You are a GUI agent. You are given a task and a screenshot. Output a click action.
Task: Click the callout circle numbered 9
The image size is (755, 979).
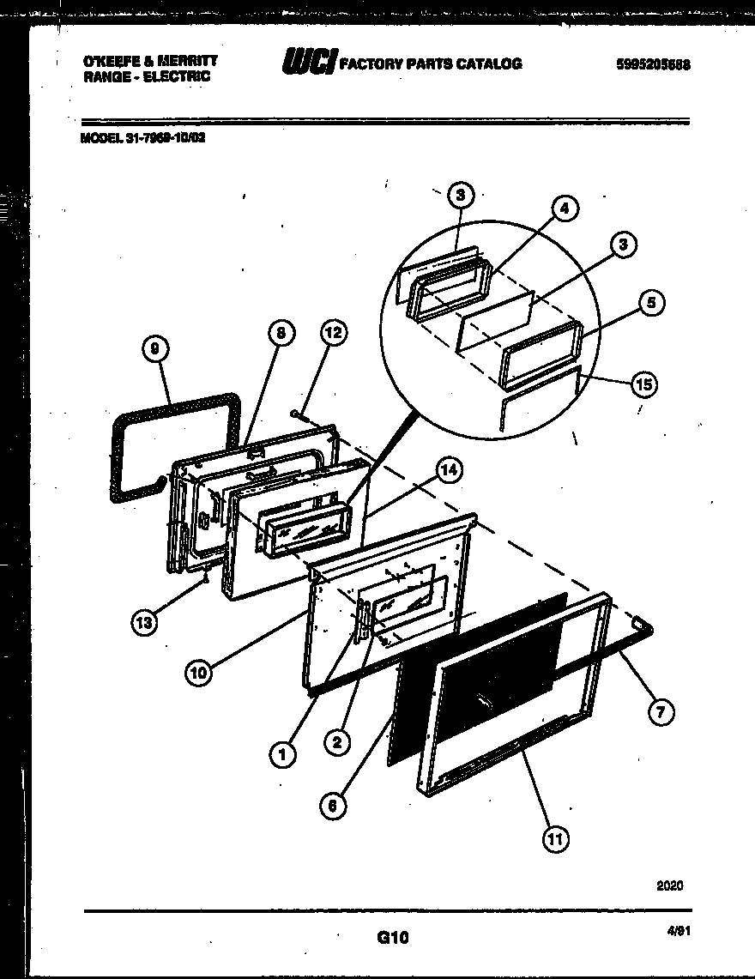pos(154,349)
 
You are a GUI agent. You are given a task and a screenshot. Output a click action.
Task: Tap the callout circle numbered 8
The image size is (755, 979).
pos(280,335)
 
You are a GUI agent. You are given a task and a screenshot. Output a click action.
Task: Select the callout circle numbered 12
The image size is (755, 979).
pos(335,335)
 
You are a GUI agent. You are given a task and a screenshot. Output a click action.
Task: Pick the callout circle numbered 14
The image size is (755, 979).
pos(448,470)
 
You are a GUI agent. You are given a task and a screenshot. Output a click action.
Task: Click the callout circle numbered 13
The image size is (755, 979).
pos(145,622)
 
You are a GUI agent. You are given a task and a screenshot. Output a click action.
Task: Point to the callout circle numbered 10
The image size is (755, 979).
pos(199,673)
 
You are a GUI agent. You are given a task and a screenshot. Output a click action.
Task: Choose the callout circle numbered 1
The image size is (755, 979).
pos(282,753)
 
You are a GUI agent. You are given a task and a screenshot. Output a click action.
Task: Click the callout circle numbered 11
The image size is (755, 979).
pos(555,838)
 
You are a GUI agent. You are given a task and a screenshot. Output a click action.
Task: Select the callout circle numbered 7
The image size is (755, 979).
pos(661,711)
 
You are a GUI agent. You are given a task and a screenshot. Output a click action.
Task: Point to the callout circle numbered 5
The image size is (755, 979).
pos(652,303)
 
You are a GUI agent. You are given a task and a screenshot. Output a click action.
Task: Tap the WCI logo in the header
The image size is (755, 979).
pos(309,63)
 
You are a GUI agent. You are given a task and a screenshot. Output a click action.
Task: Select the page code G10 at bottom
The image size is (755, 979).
pos(392,939)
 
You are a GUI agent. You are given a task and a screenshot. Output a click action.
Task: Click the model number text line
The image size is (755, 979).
pos(142,136)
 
